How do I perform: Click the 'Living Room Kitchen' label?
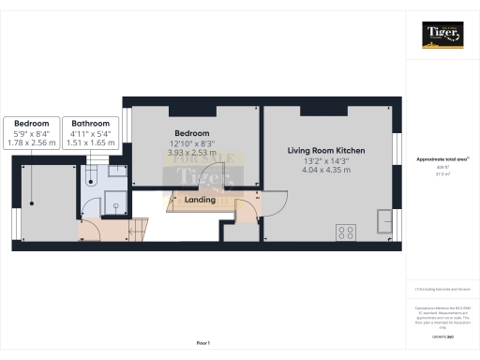[x=325, y=150]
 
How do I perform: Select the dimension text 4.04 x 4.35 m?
[x=325, y=170]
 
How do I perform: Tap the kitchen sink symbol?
[x=383, y=219]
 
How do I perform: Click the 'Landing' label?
[x=201, y=200]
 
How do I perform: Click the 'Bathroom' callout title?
[x=91, y=123]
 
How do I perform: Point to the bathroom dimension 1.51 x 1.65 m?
[x=91, y=143]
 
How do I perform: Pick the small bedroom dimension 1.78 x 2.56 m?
[x=31, y=143]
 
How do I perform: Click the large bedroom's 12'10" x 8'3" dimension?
[x=191, y=142]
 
